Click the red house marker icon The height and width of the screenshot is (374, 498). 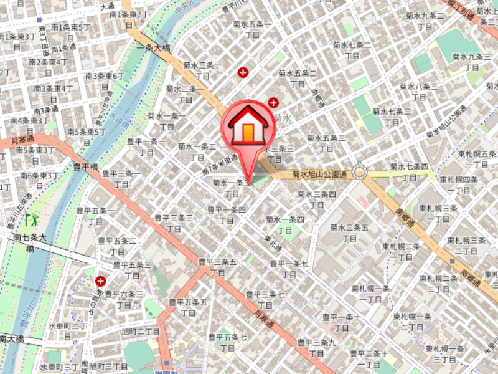[x=248, y=125]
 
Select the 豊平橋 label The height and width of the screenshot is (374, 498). [x=86, y=166]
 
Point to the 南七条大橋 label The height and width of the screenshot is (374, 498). [x=30, y=242]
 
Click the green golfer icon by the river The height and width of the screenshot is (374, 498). [x=30, y=219]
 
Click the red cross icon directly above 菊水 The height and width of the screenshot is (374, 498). [x=273, y=102]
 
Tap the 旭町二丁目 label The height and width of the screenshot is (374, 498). [x=141, y=331]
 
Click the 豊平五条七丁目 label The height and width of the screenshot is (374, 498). [x=227, y=342]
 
